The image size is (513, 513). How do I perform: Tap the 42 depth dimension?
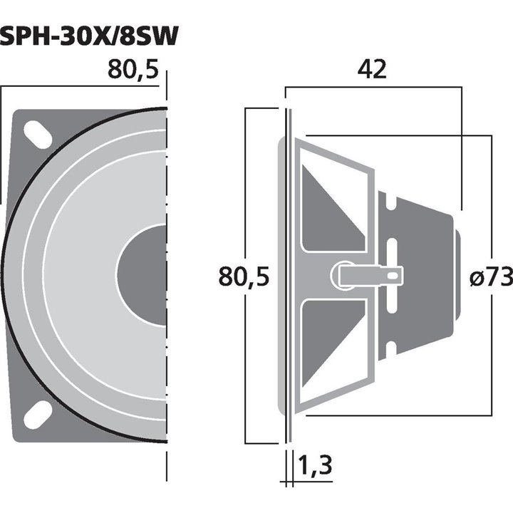pos(373,70)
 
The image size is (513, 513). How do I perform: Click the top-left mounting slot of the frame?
pos(38,134)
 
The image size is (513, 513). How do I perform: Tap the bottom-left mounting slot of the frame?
pos(38,415)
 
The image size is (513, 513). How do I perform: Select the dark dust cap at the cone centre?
pos(142,275)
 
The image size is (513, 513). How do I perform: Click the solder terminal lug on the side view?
pos(367,275)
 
